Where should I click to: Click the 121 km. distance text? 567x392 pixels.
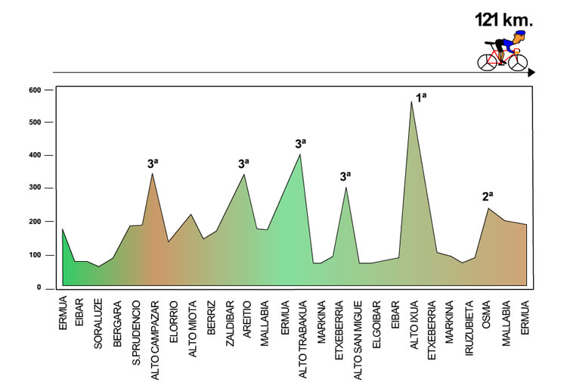click(503, 20)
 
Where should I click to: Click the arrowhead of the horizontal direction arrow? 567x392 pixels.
click(531, 73)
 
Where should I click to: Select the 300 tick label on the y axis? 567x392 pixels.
click(35, 188)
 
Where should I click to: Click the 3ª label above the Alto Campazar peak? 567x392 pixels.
click(153, 163)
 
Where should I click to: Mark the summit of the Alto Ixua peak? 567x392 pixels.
click(412, 101)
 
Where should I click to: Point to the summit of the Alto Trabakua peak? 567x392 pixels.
click(300, 154)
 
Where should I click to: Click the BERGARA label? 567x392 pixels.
click(117, 325)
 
